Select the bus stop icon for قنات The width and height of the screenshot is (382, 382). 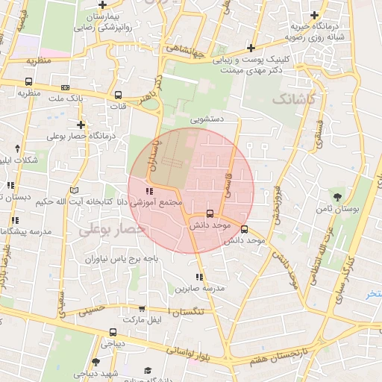click(118, 95)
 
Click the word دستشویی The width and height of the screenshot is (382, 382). click(207, 118)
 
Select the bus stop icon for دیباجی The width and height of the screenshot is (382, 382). click(112, 332)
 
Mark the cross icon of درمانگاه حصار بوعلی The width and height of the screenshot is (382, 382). click(81, 125)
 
